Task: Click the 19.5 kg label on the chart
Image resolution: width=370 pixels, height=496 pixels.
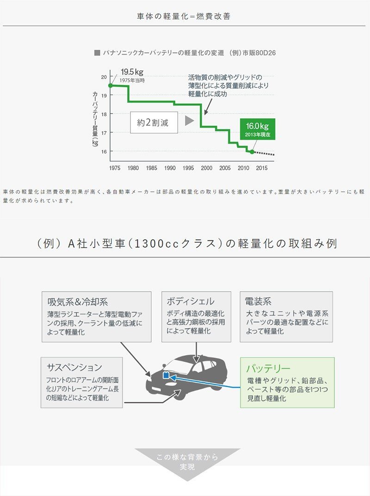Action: point(132,72)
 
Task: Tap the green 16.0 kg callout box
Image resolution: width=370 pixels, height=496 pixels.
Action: point(257,129)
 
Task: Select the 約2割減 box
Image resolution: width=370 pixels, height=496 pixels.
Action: point(153,123)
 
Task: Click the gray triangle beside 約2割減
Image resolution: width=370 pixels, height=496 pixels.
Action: point(189,121)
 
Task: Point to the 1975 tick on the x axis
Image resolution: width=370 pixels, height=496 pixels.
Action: point(115,168)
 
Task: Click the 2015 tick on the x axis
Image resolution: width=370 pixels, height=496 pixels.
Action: point(261,168)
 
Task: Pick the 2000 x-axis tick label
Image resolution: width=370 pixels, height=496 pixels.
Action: point(207,168)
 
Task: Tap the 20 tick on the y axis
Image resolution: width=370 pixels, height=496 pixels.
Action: point(104,77)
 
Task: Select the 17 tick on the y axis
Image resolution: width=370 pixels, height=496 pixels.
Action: point(104,133)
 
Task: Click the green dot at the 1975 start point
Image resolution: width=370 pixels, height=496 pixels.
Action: point(111,86)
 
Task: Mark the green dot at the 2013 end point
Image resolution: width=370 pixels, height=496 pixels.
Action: point(252,152)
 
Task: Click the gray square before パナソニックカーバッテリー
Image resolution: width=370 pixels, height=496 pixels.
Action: point(97,53)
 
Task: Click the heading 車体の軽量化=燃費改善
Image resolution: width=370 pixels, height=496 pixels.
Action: point(184,17)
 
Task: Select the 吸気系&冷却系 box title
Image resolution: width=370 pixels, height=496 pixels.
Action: point(77,302)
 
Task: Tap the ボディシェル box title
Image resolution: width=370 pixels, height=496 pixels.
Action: point(191,301)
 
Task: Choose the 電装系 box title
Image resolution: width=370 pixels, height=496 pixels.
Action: point(258,301)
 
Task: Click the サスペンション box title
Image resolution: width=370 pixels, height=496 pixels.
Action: point(74,367)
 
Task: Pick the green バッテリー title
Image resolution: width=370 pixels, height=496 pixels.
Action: point(268,368)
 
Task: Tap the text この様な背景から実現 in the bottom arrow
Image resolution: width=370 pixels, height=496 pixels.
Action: point(187,462)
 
